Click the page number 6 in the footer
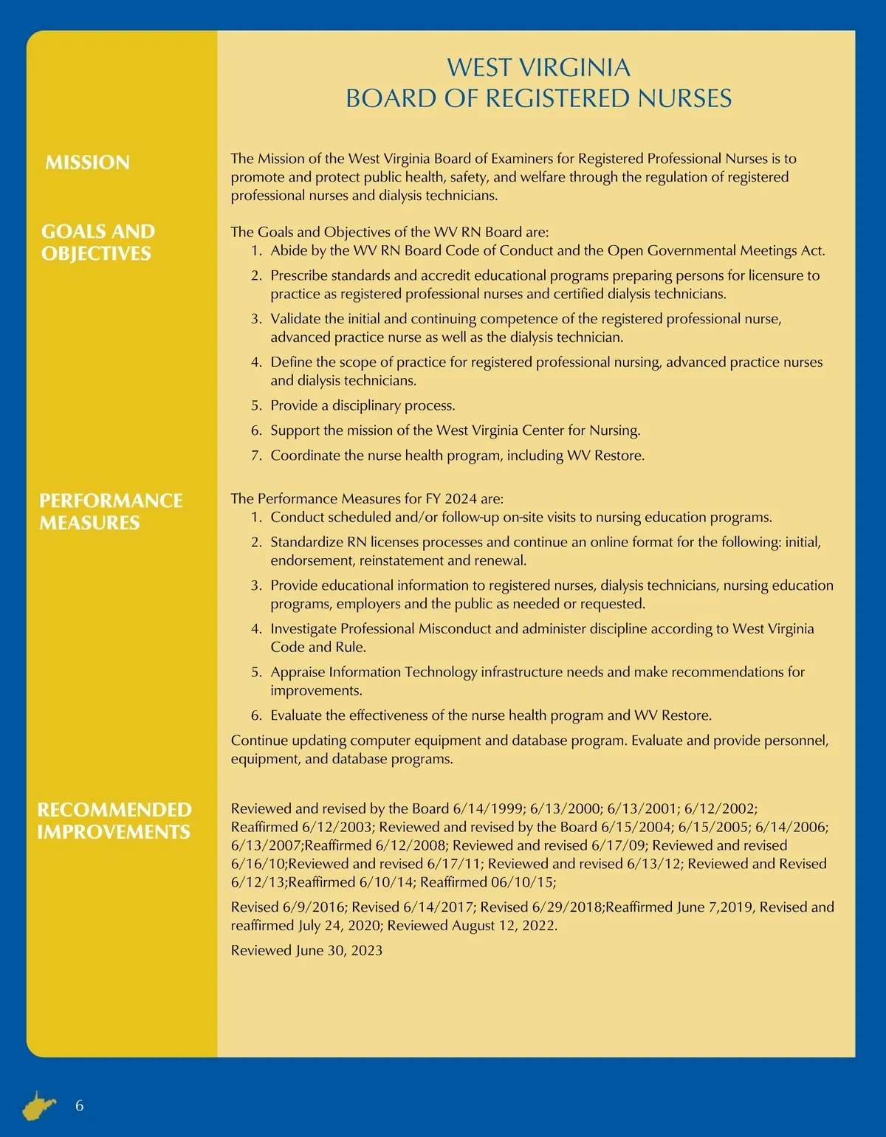tap(80, 1105)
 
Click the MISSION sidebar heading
tap(87, 162)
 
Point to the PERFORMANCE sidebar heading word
tap(111, 501)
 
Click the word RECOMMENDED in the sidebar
tap(114, 810)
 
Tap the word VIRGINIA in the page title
tap(575, 68)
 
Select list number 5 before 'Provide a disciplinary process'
tap(256, 405)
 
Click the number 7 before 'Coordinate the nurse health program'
tap(256, 456)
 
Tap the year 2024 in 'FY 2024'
tap(461, 498)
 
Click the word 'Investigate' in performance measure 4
tap(303, 628)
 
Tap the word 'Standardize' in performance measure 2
tap(308, 542)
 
